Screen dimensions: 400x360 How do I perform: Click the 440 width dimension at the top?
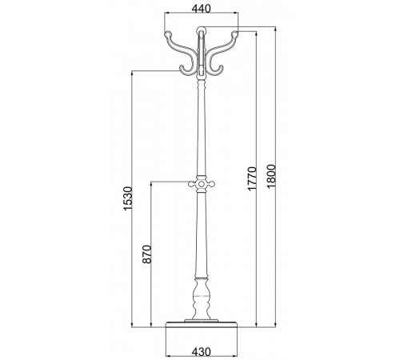(202, 9)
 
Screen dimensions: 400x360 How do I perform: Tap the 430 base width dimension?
(202, 351)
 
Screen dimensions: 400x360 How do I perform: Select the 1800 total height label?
(271, 177)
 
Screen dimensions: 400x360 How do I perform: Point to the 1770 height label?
(252, 178)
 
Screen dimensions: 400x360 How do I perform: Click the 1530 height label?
(128, 198)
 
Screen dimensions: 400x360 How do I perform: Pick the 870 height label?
(146, 254)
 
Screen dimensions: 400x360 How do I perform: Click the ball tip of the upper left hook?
(168, 34)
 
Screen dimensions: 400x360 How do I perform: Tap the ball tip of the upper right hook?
(234, 34)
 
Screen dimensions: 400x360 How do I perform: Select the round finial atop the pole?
(201, 30)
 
